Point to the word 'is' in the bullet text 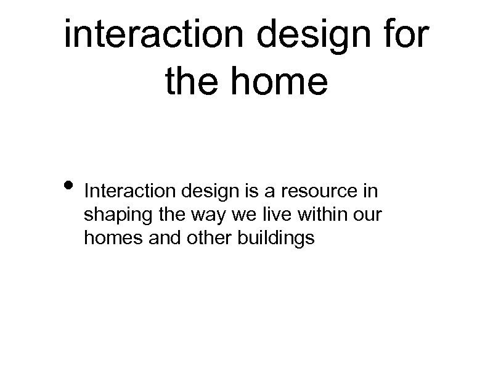[x=258, y=191]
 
